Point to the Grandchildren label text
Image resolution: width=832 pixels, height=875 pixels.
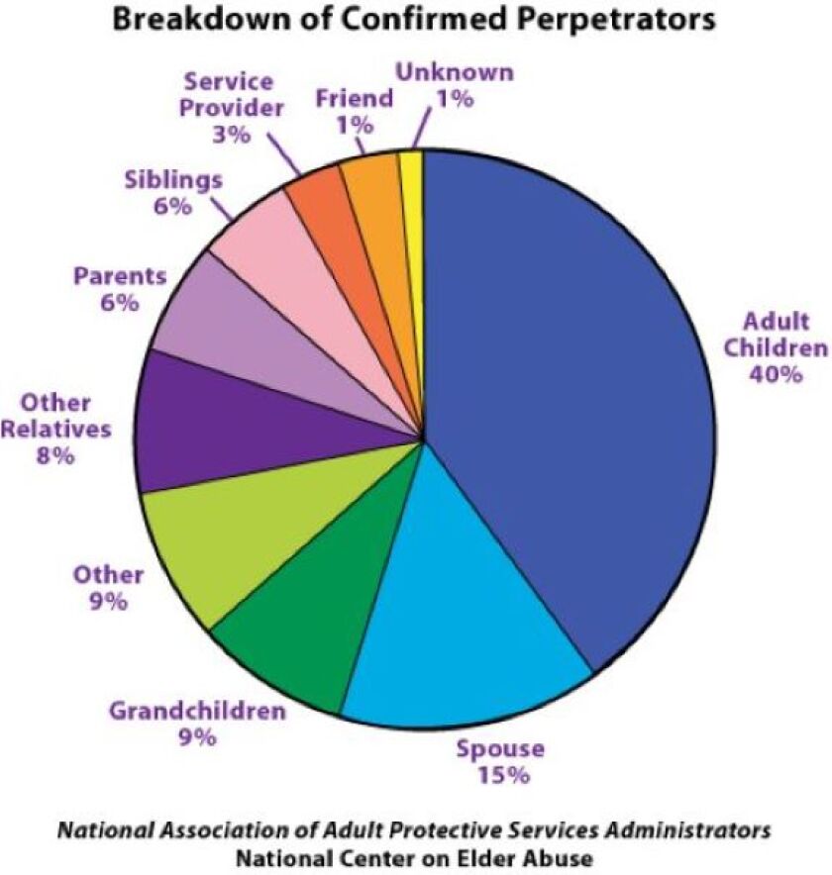[197, 711]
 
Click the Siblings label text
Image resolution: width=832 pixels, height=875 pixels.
[173, 181]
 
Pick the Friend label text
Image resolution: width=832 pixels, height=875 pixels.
[354, 99]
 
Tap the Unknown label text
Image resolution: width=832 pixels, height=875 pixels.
[455, 72]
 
